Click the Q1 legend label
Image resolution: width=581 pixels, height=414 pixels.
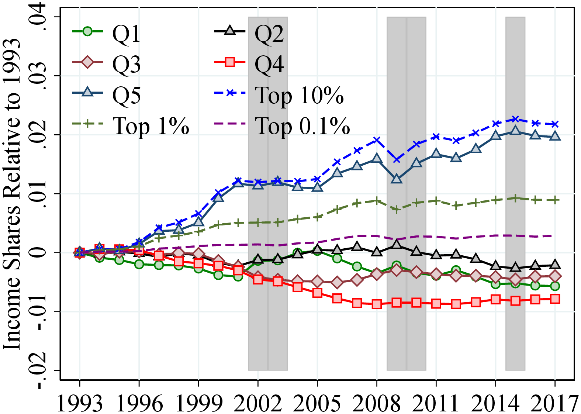coord(126,34)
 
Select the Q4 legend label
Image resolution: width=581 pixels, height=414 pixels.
coord(269,65)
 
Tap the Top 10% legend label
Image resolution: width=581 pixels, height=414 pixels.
coord(299,96)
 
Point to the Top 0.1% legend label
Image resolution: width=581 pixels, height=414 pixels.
coord(302,126)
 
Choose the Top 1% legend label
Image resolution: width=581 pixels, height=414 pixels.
coord(151,126)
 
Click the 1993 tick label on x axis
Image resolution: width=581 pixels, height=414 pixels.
coord(80,403)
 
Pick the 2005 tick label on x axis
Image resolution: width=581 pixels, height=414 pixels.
coord(317,403)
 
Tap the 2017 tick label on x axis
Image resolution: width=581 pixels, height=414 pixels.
coord(554,403)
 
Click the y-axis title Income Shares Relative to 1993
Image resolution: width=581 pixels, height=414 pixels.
coord(12,194)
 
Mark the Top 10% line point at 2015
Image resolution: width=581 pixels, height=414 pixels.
coord(515,119)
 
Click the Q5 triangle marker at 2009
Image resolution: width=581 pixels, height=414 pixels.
coord(397,179)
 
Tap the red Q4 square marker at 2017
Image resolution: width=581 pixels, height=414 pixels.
coord(555,299)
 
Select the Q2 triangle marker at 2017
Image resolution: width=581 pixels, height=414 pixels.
coord(555,265)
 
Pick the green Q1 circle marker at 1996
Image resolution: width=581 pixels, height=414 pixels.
coord(139,264)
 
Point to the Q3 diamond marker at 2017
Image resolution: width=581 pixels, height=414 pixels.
coord(555,276)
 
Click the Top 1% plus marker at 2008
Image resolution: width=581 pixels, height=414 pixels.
coord(377,201)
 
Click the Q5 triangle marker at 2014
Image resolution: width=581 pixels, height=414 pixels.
coord(496,135)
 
